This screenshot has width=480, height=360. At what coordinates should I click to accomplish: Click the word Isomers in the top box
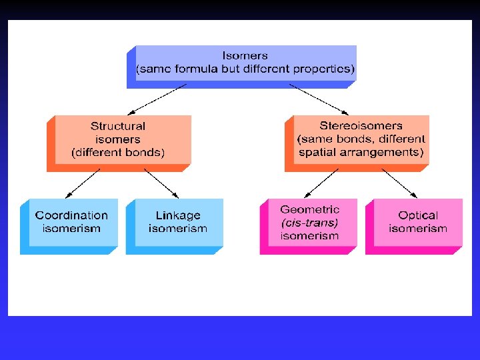245,55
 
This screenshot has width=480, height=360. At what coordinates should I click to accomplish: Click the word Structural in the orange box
118,126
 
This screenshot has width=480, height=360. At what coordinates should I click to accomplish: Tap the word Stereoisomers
361,125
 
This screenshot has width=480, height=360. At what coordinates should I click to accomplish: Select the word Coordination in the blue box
71,215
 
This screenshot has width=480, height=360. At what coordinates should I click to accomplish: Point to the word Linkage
178,215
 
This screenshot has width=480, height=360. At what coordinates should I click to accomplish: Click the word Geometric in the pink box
310,209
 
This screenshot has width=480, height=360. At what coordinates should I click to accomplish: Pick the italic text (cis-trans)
309,222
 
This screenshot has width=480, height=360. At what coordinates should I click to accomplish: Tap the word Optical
418,215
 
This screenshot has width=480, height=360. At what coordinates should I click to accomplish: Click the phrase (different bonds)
118,152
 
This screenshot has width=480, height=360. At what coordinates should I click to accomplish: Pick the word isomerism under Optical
418,229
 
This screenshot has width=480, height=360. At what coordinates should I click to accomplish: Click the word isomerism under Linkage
178,229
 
